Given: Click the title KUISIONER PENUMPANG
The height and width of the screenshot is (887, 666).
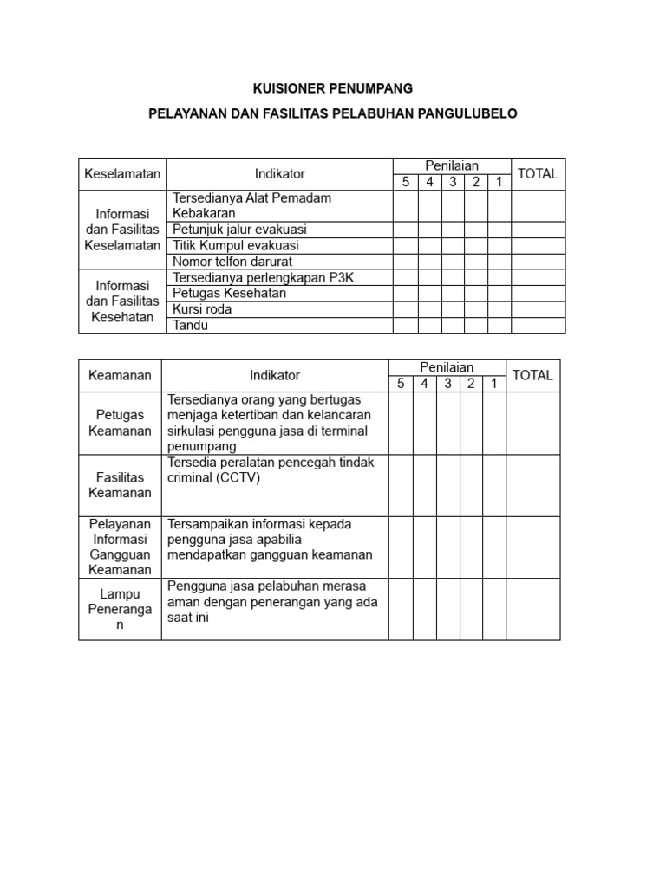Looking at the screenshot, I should pos(333,88).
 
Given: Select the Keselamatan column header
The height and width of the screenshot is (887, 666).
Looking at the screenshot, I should pos(122,174).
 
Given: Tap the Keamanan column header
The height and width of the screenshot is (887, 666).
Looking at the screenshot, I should pos(120,375).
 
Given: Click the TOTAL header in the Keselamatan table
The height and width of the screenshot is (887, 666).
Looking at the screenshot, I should pos(538,174).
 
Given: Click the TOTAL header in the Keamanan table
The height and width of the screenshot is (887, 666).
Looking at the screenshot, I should pos(532,375).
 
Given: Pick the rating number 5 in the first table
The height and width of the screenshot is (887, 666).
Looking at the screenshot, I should pos(405,182).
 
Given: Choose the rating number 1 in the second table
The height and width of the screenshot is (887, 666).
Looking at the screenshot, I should pos(493,383).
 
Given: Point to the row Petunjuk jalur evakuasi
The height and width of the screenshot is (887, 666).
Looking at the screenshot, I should pos(240,230).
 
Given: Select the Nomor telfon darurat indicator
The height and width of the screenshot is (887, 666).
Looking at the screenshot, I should pos(232,262).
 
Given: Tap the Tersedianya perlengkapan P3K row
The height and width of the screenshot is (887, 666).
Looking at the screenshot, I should pos(264,277).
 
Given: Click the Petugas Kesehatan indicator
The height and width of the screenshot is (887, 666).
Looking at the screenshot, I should pos(230,294).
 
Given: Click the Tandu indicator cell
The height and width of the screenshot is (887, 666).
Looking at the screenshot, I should pos(191,326).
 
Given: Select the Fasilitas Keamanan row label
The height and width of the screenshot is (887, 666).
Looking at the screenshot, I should pos(120,485).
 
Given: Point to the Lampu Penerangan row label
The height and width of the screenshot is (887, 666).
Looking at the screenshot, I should pos(120,609).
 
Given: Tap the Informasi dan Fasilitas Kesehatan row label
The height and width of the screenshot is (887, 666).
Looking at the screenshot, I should pos(122,301).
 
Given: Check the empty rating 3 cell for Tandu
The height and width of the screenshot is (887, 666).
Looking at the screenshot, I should pos(453,326).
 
